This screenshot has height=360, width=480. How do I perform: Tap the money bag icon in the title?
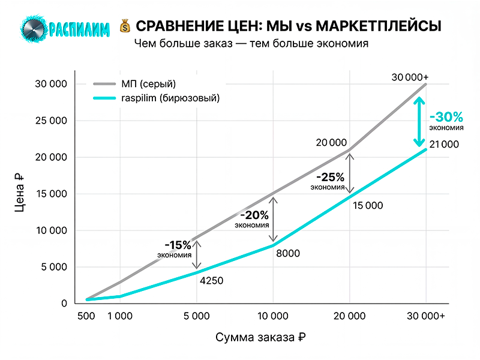(125, 26)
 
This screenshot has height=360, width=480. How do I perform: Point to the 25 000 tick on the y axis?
(50, 121)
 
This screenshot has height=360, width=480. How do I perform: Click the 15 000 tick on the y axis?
(50, 194)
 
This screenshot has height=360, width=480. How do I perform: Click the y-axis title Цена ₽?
(20, 194)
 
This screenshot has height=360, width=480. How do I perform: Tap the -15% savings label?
(178, 245)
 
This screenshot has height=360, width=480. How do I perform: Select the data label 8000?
(288, 253)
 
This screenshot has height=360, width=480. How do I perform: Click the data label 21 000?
(445, 144)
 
